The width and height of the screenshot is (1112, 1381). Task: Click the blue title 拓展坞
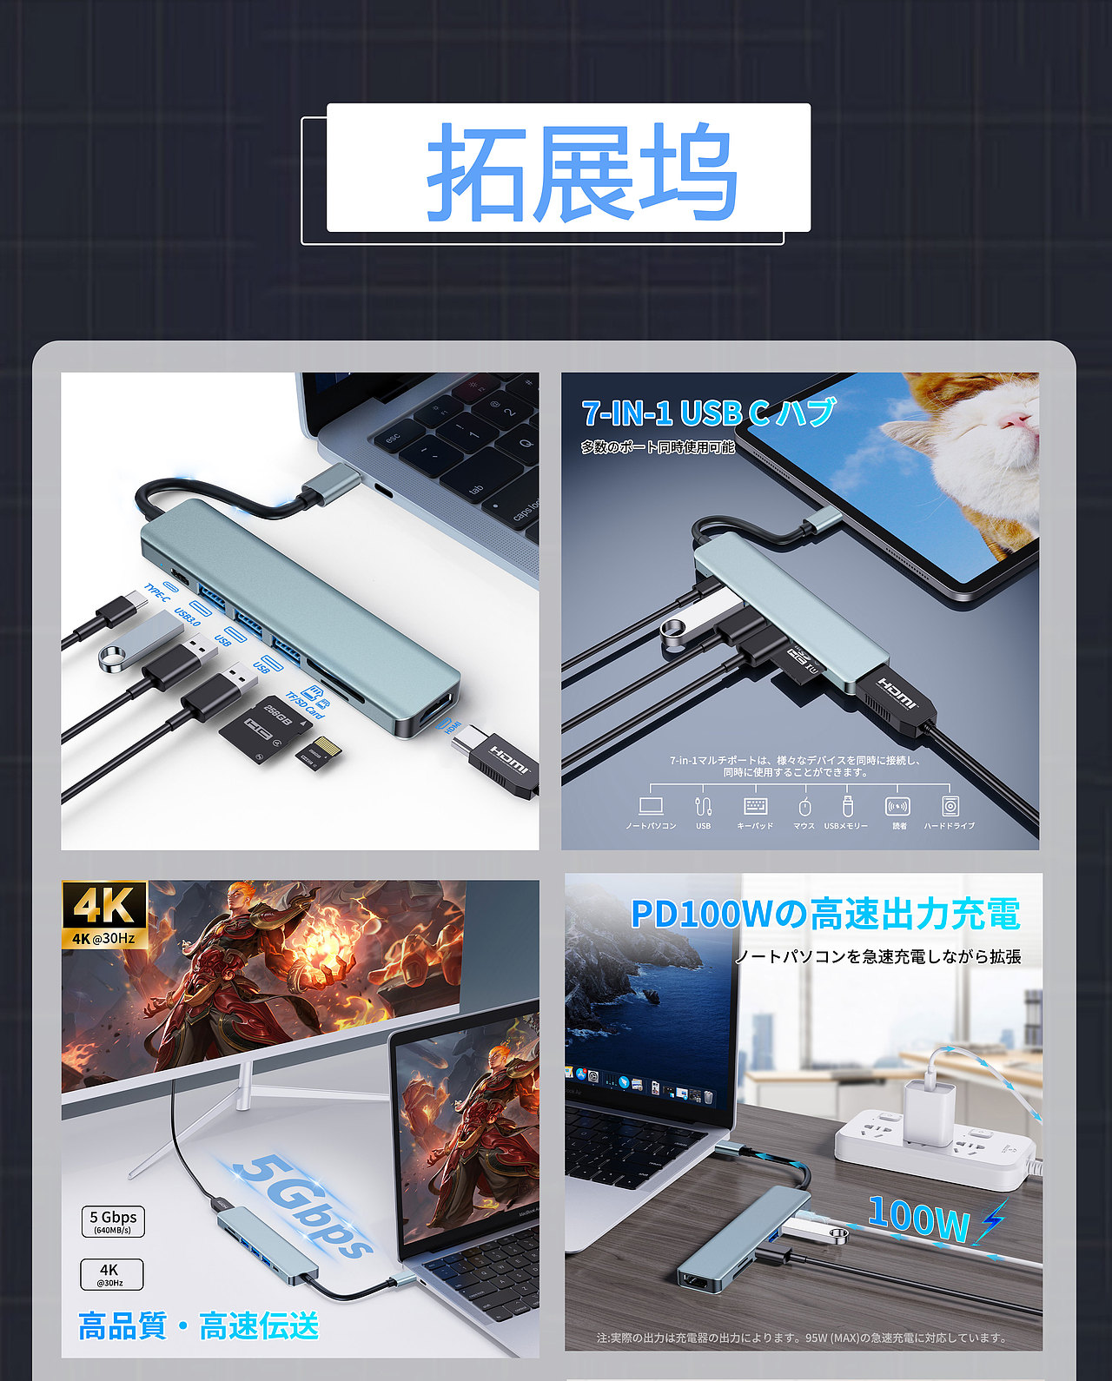tap(581, 170)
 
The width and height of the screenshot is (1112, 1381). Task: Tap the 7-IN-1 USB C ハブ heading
tap(708, 413)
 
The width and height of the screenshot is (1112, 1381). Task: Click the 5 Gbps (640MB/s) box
tap(113, 1221)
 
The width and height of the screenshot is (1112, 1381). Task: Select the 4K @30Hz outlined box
tap(111, 1274)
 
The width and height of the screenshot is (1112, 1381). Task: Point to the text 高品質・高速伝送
tap(199, 1326)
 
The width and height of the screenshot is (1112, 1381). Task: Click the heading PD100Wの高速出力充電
tap(824, 914)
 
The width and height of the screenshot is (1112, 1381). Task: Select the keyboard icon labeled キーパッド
tap(755, 806)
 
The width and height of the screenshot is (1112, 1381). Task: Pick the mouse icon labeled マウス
tap(804, 806)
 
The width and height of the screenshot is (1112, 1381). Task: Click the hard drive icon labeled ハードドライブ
tap(950, 806)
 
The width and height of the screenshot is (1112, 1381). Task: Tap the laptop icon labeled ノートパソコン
tap(651, 806)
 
